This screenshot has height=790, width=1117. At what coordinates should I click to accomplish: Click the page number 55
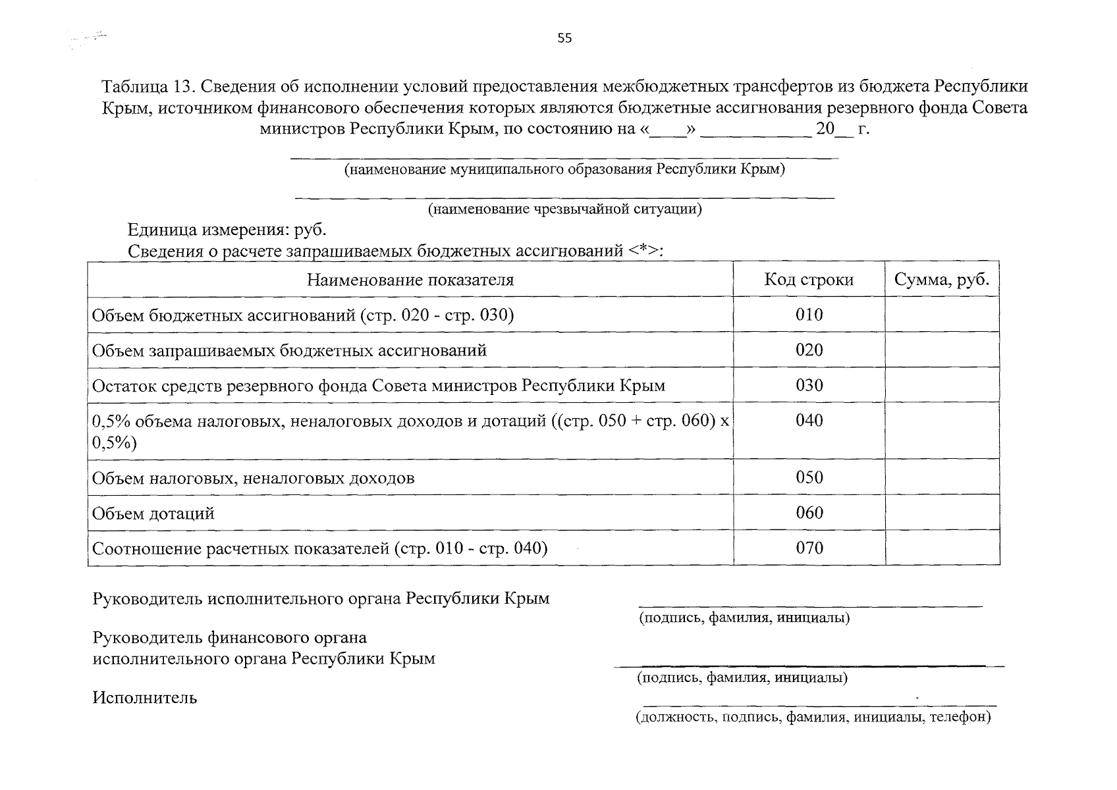click(x=564, y=38)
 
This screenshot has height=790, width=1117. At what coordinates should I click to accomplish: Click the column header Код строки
click(x=809, y=280)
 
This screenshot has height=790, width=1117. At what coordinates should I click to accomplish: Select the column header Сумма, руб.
click(x=942, y=280)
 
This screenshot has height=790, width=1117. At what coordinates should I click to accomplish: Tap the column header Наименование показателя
click(x=410, y=280)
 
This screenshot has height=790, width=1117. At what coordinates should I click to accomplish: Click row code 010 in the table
click(x=809, y=315)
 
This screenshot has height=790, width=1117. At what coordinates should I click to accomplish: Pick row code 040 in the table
click(x=809, y=421)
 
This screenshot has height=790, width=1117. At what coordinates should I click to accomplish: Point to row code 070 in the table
click(x=809, y=548)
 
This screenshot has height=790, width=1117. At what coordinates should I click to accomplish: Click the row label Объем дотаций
click(x=153, y=513)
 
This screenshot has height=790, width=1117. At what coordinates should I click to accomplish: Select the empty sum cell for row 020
click(x=942, y=350)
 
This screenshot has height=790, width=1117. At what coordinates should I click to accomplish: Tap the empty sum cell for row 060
click(x=942, y=513)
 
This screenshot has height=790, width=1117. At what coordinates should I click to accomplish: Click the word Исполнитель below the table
click(x=145, y=698)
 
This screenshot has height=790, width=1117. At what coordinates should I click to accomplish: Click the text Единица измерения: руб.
click(x=227, y=230)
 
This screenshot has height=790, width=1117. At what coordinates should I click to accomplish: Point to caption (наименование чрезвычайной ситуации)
click(x=564, y=210)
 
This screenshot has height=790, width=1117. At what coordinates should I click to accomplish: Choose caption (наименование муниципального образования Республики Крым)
click(x=564, y=170)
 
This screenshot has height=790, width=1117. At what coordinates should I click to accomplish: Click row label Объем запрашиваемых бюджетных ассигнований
click(x=289, y=350)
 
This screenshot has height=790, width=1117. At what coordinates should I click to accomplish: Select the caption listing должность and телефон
click(x=813, y=717)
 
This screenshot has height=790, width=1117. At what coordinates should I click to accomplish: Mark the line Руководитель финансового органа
click(x=230, y=637)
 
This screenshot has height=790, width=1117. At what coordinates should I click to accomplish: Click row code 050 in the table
click(x=809, y=477)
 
